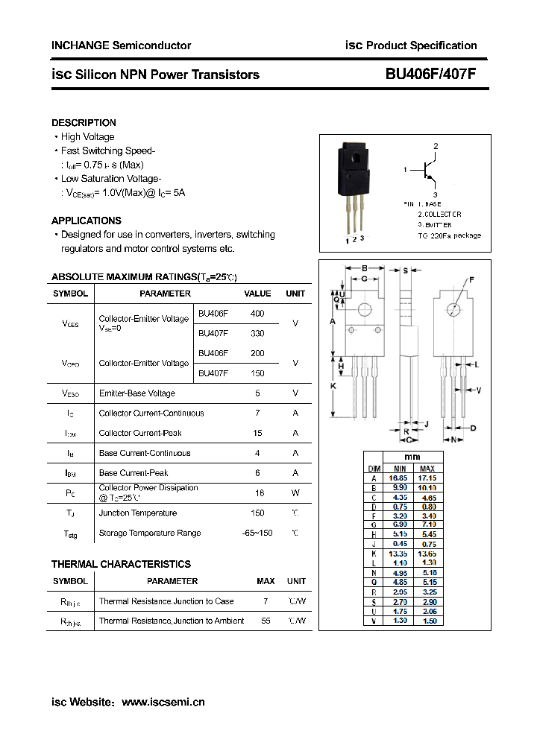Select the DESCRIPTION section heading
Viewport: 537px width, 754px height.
coord(84,122)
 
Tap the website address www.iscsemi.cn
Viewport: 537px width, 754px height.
coord(163,702)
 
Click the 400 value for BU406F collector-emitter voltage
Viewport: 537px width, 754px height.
coord(257,314)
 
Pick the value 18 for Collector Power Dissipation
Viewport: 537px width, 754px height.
coord(257,492)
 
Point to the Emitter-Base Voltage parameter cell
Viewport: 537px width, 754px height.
coord(136,393)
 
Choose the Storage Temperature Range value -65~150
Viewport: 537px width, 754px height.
coord(257,533)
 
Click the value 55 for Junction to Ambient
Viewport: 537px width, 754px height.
coord(266,621)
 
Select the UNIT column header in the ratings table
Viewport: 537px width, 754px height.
coord(295,294)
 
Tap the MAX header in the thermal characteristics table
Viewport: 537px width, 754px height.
coord(266,581)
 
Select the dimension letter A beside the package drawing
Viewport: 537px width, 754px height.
coord(331,321)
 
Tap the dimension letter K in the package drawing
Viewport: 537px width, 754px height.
coord(333,386)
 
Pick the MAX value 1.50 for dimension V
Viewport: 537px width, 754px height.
coord(427,621)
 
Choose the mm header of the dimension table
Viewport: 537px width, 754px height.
coord(412,457)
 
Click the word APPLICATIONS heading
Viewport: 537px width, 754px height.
coord(86,221)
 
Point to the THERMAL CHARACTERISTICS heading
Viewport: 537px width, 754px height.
coord(121,564)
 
